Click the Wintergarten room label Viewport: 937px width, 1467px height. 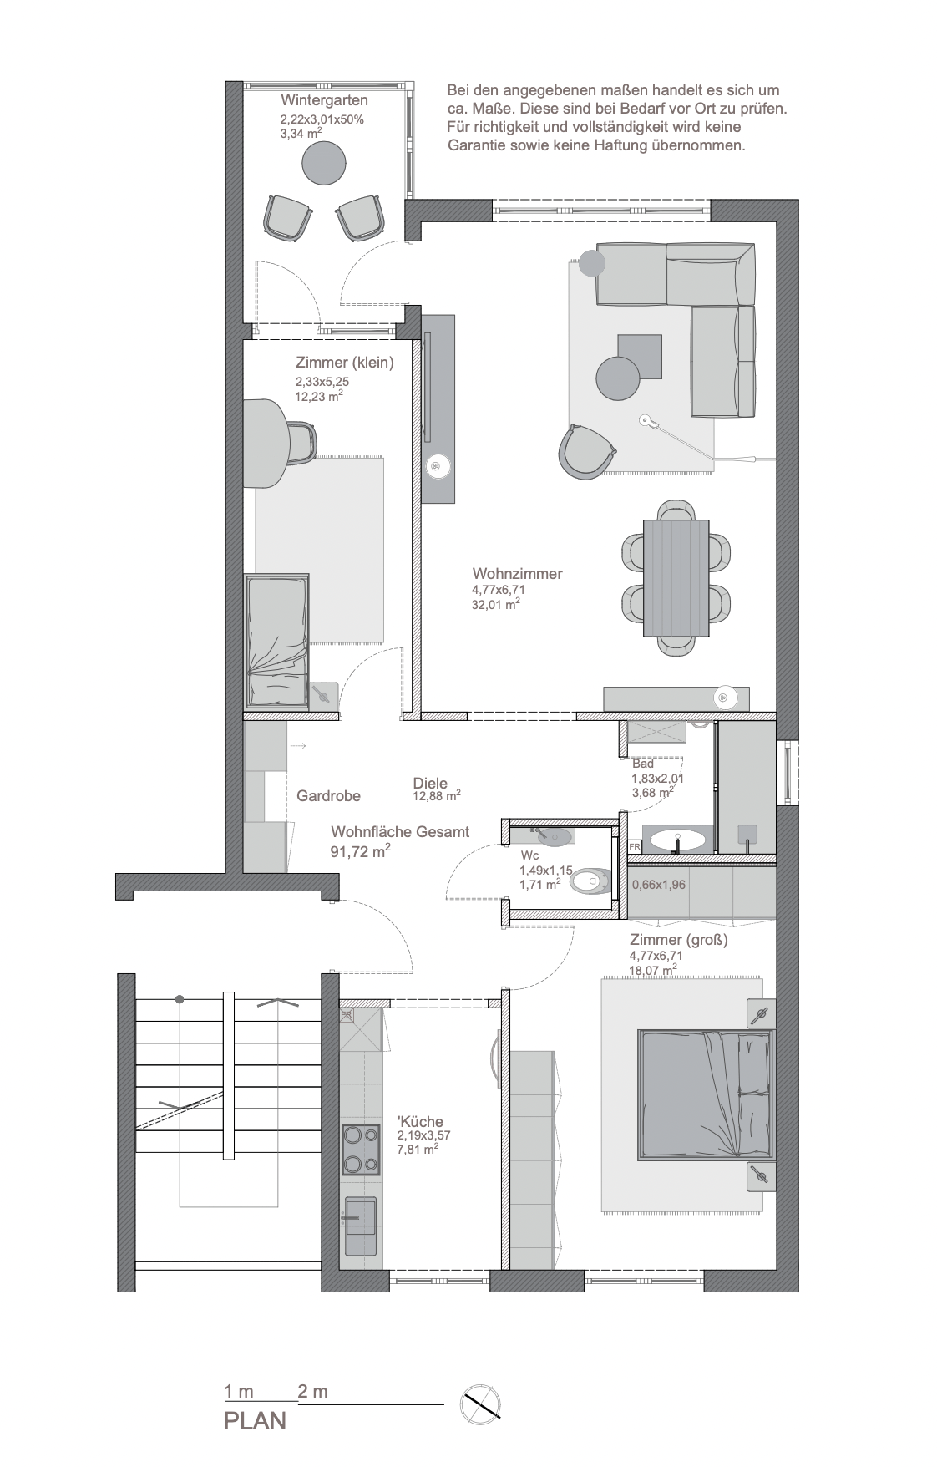[x=324, y=100]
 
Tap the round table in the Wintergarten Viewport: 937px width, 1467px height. [x=323, y=164]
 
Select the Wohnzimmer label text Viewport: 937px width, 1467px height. [x=517, y=574]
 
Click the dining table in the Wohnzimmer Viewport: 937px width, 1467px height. [x=676, y=576]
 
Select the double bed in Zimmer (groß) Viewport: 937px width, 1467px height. [x=706, y=1094]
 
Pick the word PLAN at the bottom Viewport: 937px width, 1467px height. [x=255, y=1421]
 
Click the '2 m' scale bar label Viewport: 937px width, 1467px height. [x=312, y=1392]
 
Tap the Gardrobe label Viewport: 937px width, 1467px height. [x=328, y=796]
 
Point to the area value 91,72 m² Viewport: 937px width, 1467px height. [x=361, y=852]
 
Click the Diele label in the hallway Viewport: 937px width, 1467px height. [x=430, y=784]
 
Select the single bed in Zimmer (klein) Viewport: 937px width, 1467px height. [x=277, y=641]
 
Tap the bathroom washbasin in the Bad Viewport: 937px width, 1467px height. [x=677, y=839]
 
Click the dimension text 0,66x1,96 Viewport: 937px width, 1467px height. [x=659, y=885]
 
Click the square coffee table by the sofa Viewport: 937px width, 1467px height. [x=640, y=356]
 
